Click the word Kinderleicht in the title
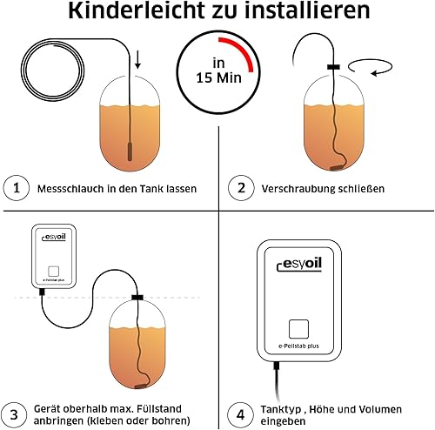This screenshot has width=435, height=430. click(137, 10)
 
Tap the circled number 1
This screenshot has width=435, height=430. click(17, 188)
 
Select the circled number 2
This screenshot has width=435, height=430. click(241, 188)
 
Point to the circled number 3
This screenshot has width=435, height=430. click(14, 415)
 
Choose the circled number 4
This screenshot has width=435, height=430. click(240, 415)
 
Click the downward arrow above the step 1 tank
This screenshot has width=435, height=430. click(137, 59)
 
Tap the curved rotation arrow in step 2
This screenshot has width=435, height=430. click(370, 67)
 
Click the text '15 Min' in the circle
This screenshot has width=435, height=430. click(218, 78)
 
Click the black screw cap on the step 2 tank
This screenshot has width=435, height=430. click(333, 67)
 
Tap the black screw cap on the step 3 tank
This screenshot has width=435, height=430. click(137, 298)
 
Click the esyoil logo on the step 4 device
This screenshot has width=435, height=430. click(299, 264)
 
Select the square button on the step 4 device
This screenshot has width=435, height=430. click(298, 329)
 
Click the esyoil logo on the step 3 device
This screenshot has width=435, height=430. click(54, 238)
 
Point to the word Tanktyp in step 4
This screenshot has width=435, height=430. click(280, 409)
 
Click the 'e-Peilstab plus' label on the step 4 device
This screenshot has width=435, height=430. click(298, 346)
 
